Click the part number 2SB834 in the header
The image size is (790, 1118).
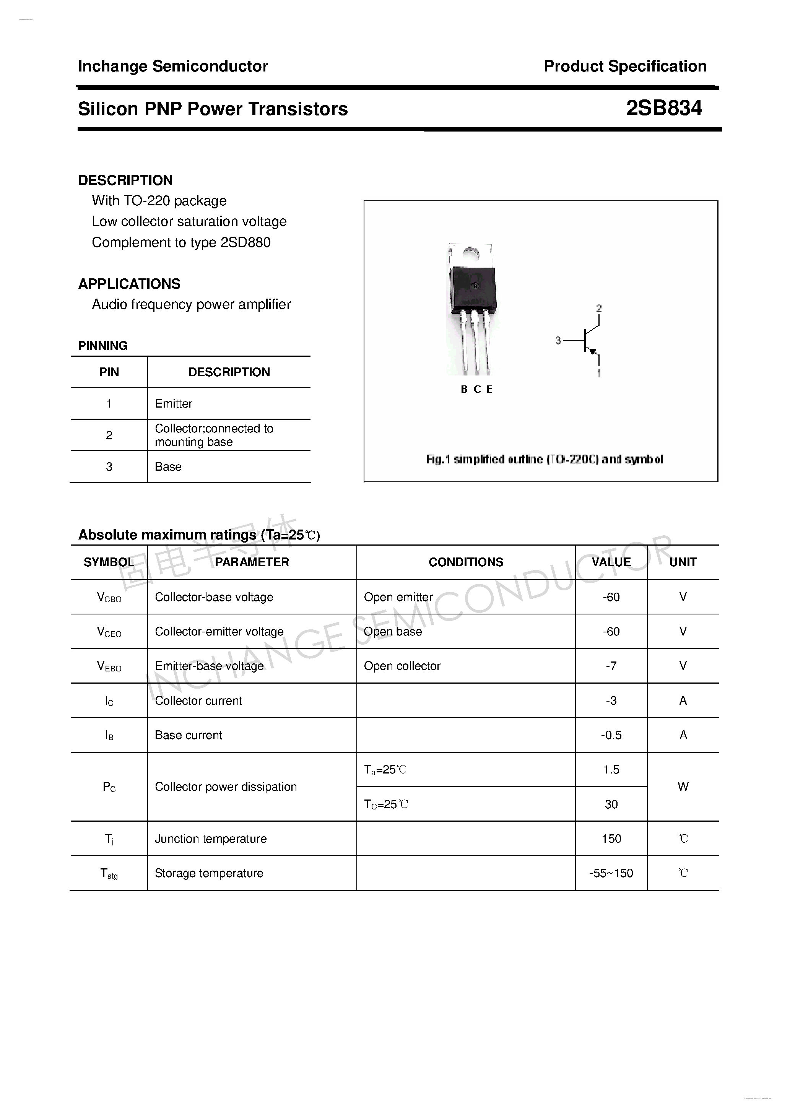click(663, 108)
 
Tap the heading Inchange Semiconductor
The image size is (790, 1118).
click(173, 66)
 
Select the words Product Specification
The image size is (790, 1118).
click(625, 66)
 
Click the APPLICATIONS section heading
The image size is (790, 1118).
click(129, 283)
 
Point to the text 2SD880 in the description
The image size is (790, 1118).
click(245, 242)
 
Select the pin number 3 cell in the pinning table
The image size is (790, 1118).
click(109, 467)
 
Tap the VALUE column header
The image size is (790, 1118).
click(611, 562)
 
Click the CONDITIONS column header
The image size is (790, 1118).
click(466, 562)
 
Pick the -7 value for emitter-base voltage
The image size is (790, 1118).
click(611, 666)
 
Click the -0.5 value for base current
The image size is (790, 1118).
click(611, 735)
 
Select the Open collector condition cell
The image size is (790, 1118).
click(402, 666)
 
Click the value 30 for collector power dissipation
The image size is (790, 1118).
click(611, 804)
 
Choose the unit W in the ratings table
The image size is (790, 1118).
click(683, 786)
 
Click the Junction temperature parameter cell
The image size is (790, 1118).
click(210, 838)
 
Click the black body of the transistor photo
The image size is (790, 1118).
click(473, 290)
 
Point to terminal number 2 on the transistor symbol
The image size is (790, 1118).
click(598, 308)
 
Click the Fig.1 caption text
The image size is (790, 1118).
click(544, 459)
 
